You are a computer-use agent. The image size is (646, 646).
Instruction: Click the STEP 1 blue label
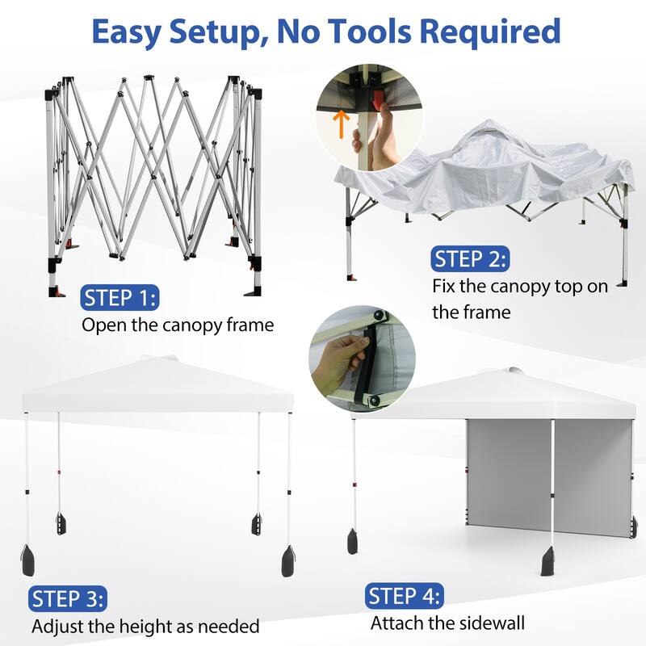[120, 298]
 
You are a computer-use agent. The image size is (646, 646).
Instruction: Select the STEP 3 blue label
[68, 598]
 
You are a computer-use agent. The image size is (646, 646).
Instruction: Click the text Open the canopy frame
[177, 325]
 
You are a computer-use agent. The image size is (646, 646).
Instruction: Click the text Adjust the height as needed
[145, 626]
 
